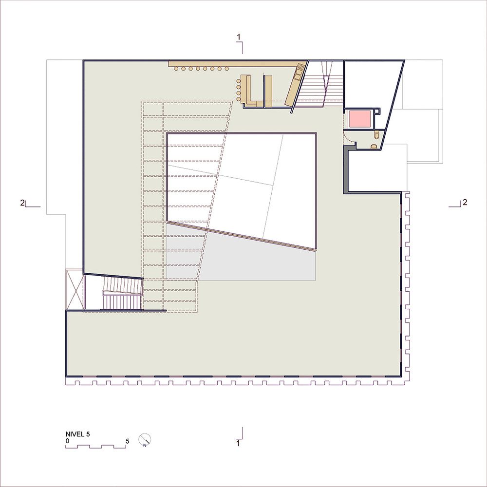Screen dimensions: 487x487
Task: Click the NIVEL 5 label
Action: [x=77, y=434]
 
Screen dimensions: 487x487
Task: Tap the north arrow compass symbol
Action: [x=145, y=439]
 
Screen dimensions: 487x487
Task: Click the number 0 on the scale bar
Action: [x=67, y=441]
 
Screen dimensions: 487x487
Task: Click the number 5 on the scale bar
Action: [x=127, y=441]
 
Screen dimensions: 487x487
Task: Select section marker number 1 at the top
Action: [x=238, y=37]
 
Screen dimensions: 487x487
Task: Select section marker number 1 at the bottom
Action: [x=238, y=443]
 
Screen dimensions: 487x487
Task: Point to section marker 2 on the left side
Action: [x=22, y=203]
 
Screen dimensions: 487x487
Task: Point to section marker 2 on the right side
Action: [x=465, y=202]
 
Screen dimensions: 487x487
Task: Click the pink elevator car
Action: [x=360, y=119]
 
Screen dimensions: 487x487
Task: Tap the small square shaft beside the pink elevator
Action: [x=377, y=110]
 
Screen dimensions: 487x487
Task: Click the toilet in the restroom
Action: [x=377, y=135]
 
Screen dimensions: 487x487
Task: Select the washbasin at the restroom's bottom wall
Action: [x=374, y=146]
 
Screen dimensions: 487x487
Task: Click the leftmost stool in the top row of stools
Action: [x=176, y=69]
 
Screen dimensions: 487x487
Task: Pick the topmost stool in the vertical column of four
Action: [x=239, y=81]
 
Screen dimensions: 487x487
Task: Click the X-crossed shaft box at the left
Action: [x=75, y=289]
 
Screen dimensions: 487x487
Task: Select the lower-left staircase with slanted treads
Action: [x=122, y=293]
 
